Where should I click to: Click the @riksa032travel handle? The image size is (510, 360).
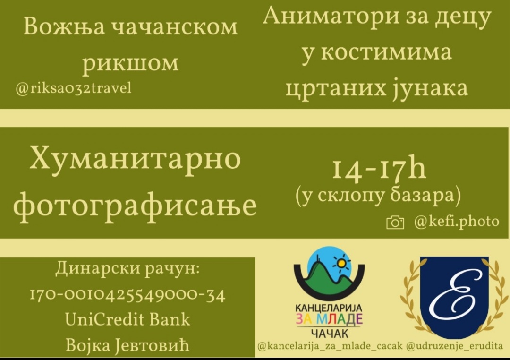tap(74, 88)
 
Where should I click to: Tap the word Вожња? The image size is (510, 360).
tap(64, 26)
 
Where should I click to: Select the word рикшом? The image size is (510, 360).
tap(130, 63)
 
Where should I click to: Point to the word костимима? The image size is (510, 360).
tap(386, 52)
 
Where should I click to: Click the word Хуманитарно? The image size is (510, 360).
tap(136, 160)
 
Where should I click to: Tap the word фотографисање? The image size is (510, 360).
tap(135, 206)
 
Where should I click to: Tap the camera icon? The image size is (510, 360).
tap(395, 223)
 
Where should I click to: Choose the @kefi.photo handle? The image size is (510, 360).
tap(457, 221)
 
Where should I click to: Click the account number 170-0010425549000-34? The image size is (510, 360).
tap(127, 295)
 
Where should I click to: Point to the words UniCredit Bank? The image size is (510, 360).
tap(127, 319)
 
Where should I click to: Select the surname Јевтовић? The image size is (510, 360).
tap(152, 345)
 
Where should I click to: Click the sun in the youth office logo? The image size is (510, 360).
tap(341, 263)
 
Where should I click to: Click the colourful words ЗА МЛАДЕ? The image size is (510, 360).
tap(329, 319)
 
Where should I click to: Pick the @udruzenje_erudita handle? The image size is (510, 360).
tap(455, 346)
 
